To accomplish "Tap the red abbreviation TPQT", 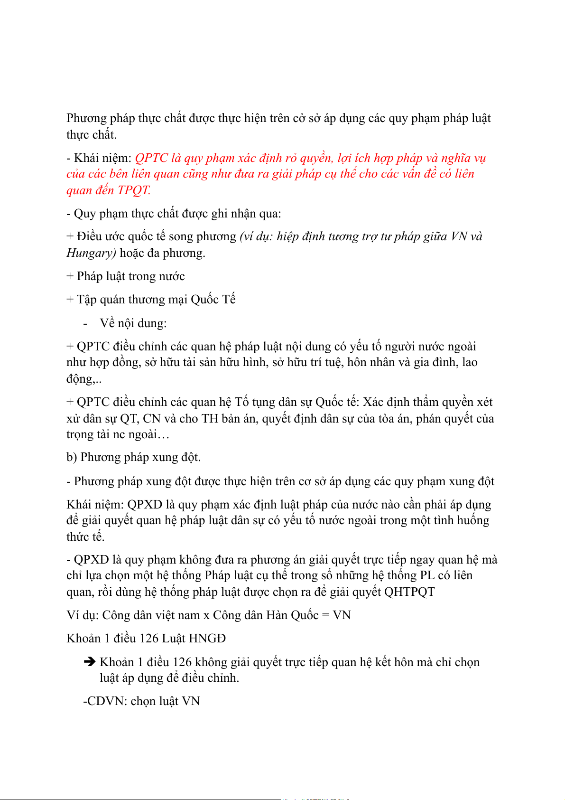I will (x=134, y=191).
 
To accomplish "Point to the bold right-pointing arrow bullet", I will (x=90, y=661).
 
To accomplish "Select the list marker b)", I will (x=72, y=457).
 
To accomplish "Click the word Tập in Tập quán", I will (x=87, y=300).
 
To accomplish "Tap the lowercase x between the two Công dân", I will (x=206, y=616).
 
